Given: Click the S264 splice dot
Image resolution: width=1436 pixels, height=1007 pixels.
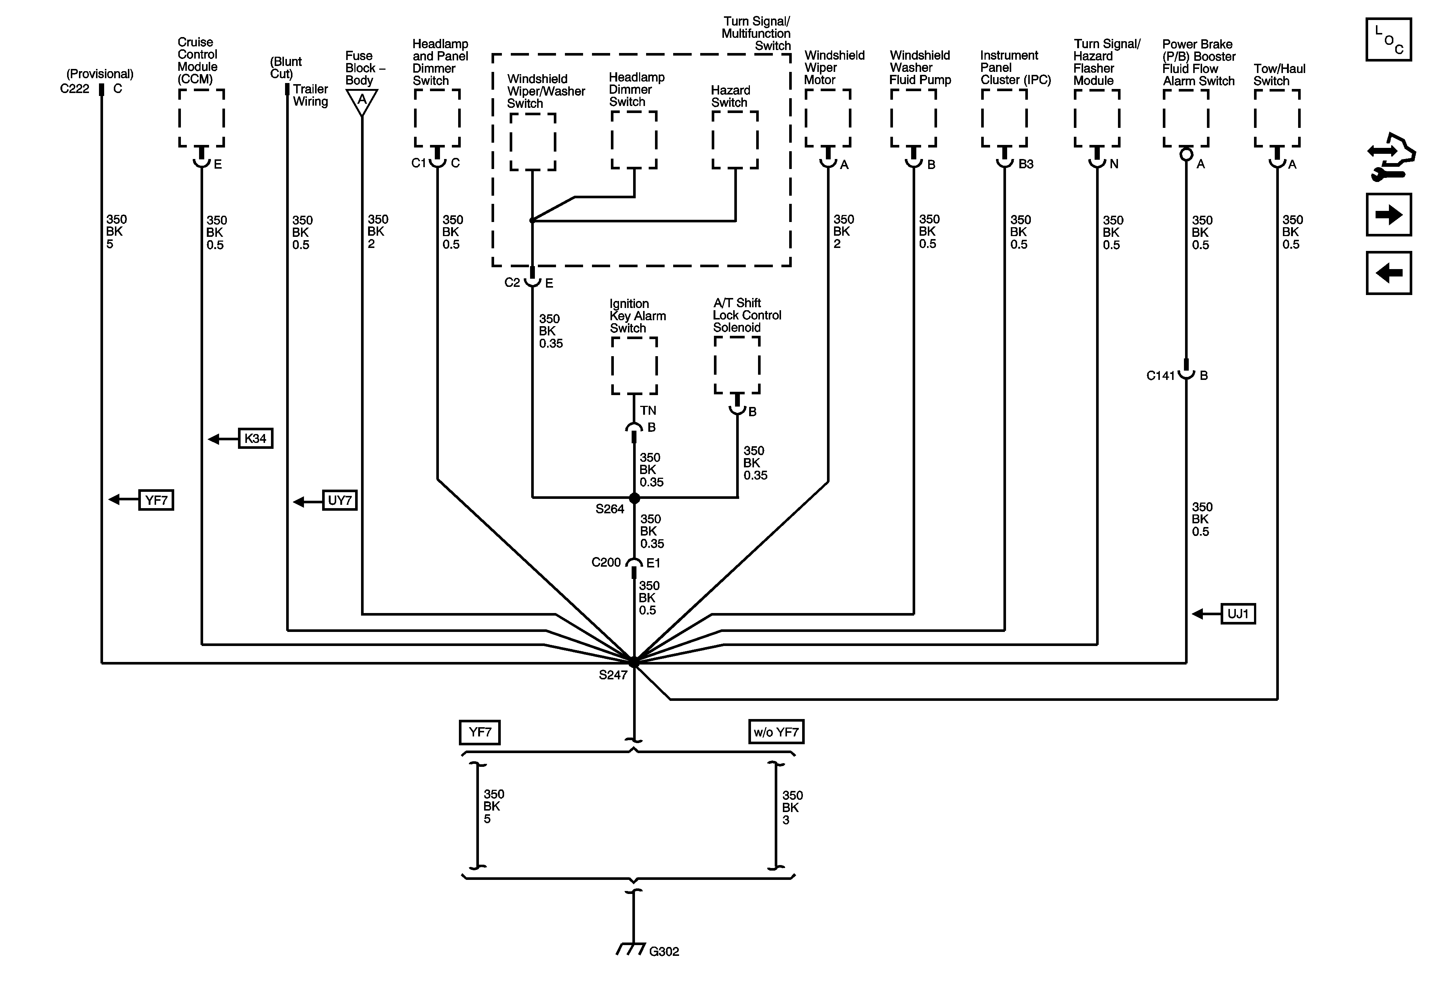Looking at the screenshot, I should pyautogui.click(x=634, y=498).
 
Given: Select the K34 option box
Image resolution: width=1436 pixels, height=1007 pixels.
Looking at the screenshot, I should pyautogui.click(x=255, y=438).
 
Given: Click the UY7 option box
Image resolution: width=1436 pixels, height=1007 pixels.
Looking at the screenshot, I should pyautogui.click(x=340, y=500).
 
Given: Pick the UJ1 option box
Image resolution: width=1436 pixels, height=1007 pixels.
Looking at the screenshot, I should pyautogui.click(x=1238, y=614).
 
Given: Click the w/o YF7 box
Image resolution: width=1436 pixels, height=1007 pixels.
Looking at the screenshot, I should pyautogui.click(x=775, y=732).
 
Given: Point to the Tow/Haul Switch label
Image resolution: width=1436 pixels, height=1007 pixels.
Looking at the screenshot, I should pyautogui.click(x=1278, y=75).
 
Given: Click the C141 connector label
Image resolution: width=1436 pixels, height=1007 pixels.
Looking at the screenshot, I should pyautogui.click(x=1160, y=375).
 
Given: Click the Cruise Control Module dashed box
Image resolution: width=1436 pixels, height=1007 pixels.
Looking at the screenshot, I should pyautogui.click(x=201, y=117).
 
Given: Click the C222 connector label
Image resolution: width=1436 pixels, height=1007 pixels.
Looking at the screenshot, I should pyautogui.click(x=75, y=89).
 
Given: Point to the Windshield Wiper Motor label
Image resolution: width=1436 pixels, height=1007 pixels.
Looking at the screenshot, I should pyautogui.click(x=834, y=67).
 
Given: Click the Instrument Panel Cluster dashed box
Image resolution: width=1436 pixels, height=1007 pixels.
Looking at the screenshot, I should pyautogui.click(x=1004, y=117).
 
